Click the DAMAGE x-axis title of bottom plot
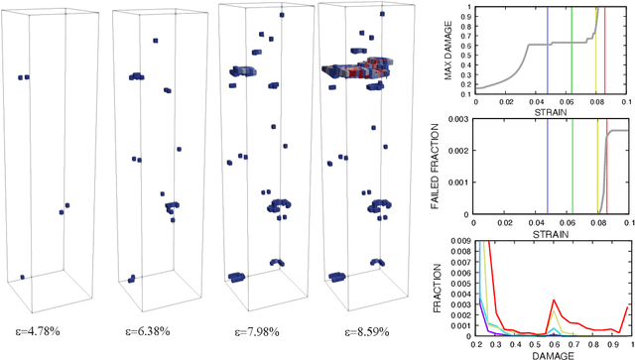550,351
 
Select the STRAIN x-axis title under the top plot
550,112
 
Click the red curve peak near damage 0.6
554,299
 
